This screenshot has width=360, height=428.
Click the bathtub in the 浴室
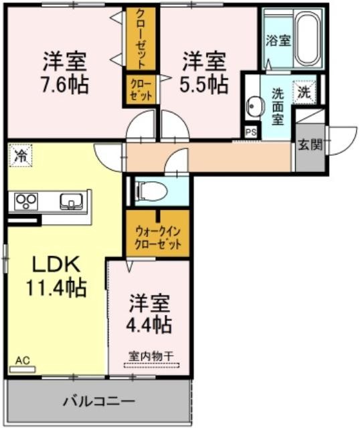(308, 38)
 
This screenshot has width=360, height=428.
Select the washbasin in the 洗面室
(255, 107)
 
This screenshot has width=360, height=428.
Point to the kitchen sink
(71, 201)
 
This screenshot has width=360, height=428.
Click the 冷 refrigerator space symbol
(21, 155)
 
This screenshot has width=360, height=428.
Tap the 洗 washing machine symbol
(304, 92)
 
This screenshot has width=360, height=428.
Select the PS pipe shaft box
(251, 132)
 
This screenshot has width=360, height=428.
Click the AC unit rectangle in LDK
(22, 369)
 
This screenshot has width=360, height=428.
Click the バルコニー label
(99, 401)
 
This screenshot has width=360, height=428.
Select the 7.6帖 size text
(64, 84)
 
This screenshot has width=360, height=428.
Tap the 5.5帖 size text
(204, 84)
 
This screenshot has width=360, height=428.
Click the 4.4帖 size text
(149, 324)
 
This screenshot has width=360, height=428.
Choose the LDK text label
(56, 264)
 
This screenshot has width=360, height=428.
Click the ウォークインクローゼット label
(158, 238)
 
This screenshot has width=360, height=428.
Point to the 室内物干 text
(151, 356)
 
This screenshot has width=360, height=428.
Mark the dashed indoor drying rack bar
(152, 365)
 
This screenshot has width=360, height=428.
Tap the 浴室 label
(278, 41)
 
